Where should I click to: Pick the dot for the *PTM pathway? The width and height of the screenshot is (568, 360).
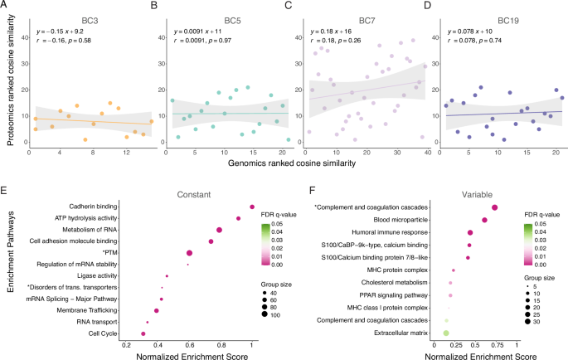(x=189, y=253)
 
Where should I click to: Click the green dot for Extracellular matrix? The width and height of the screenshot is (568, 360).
(x=446, y=333)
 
